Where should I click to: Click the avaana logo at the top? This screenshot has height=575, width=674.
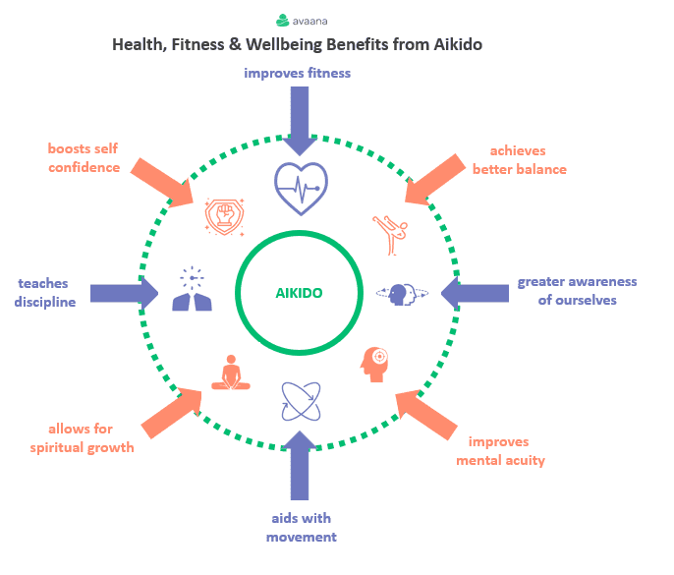click(x=302, y=21)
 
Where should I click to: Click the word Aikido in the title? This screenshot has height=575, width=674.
click(x=458, y=44)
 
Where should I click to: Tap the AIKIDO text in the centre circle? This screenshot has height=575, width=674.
click(x=299, y=293)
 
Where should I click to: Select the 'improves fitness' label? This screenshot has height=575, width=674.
click(x=297, y=73)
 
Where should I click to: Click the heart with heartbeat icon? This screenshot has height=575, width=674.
click(x=301, y=189)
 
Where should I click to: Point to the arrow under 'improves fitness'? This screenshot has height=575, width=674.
click(x=300, y=121)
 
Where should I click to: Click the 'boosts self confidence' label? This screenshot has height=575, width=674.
click(x=84, y=158)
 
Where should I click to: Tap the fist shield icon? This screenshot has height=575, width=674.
click(x=224, y=216)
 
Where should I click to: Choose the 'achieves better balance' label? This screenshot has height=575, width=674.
click(x=519, y=160)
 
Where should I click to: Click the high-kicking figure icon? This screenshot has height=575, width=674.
click(x=390, y=235)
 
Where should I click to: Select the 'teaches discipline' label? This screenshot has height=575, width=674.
click(x=45, y=293)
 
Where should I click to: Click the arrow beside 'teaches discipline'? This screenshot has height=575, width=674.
click(x=124, y=293)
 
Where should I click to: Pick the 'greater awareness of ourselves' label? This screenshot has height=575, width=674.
click(x=577, y=291)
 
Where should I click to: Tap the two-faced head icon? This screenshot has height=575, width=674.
click(x=403, y=294)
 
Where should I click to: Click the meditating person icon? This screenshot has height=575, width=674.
click(x=231, y=373)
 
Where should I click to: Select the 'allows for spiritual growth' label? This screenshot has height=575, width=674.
click(x=82, y=437)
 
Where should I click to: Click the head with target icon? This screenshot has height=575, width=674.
click(x=374, y=365)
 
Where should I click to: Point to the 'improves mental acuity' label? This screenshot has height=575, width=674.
click(x=500, y=451)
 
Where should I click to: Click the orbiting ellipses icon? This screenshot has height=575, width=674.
click(x=301, y=401)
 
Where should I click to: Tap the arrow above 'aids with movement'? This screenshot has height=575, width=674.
click(x=300, y=465)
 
